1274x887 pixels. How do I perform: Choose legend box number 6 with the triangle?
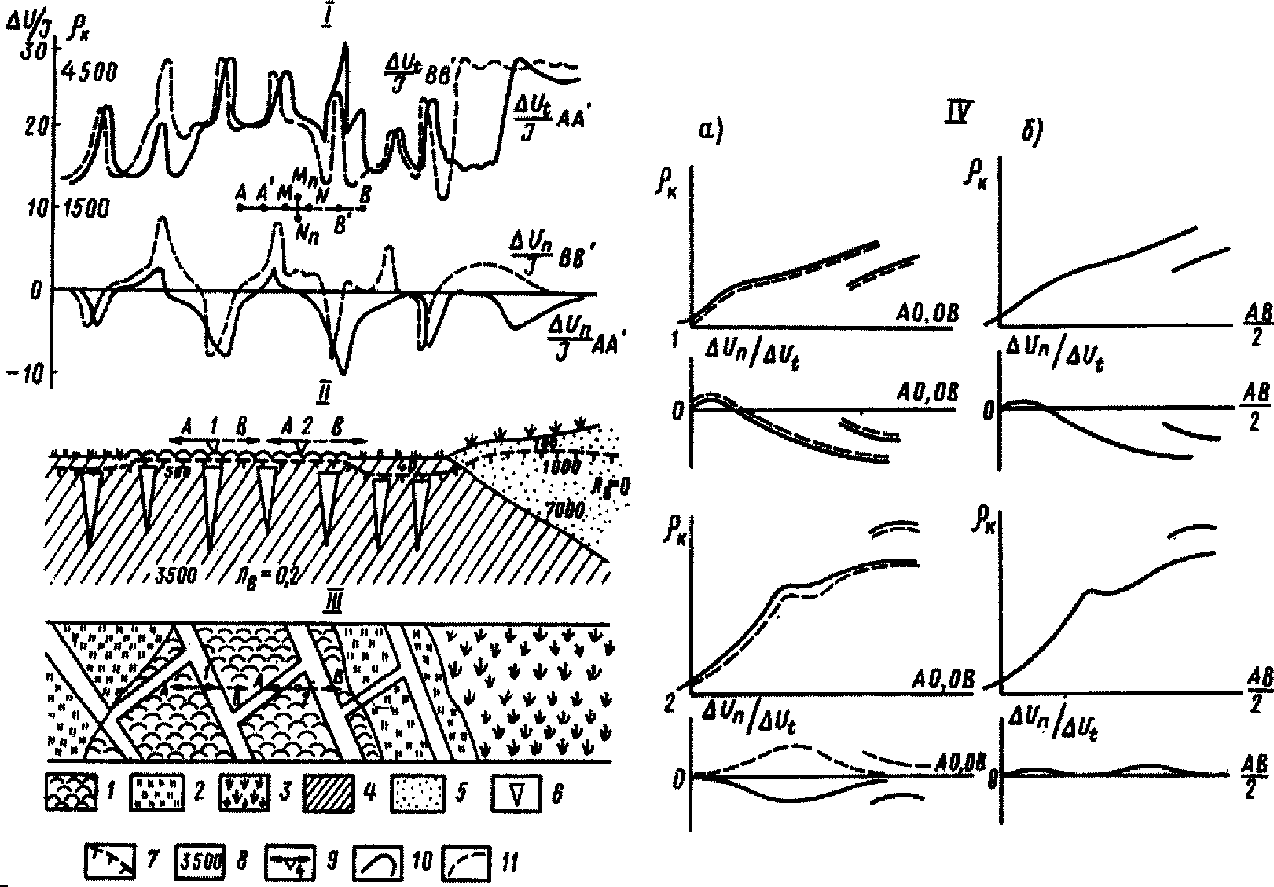(x=518, y=795)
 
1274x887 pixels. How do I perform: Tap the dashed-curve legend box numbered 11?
(x=468, y=862)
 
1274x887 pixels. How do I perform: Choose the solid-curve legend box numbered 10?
(x=380, y=862)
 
